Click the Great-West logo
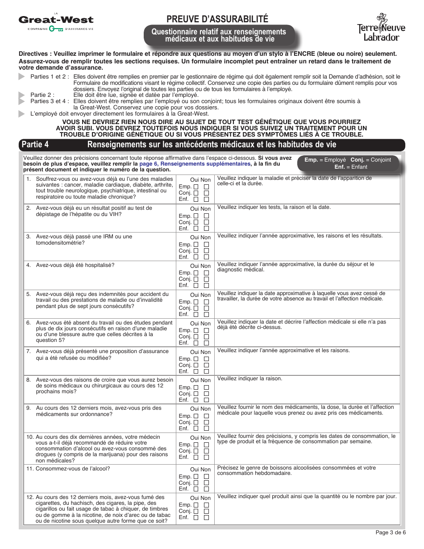(56, 23)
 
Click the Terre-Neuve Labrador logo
(381, 28)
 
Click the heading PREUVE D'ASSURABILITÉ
(217, 19)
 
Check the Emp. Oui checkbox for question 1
(196, 187)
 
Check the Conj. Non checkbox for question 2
(207, 222)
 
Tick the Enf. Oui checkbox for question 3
(196, 257)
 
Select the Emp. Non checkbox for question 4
(207, 273)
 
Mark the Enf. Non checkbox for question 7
(207, 371)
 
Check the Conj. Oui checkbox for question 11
(196, 483)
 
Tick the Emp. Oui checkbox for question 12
(196, 505)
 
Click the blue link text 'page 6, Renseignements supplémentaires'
(195, 164)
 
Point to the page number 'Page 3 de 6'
(391, 532)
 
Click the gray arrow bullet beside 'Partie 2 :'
(21, 95)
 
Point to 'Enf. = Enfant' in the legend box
(351, 167)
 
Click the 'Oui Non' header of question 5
(200, 295)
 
